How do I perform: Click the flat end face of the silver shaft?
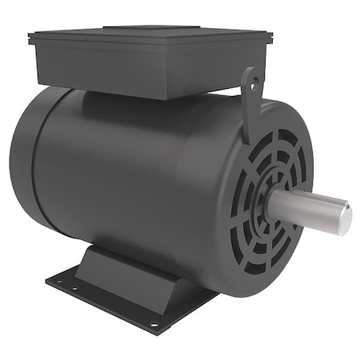coord(343,218)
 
